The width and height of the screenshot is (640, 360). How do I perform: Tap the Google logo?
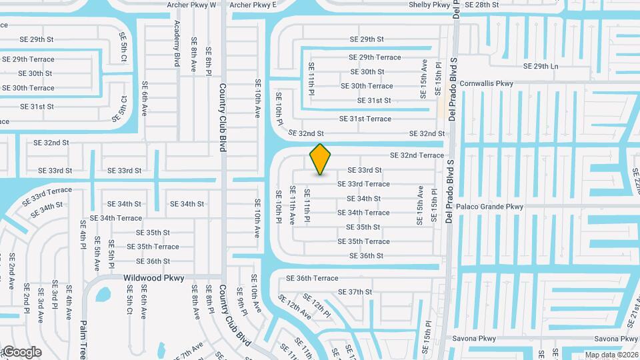coord(21,351)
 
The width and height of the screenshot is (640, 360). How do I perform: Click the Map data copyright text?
coord(611,355)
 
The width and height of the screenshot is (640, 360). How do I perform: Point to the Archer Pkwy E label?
coord(253,5)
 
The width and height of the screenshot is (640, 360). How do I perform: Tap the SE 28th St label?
coord(481,5)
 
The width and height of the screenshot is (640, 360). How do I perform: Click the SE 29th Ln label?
coord(541,67)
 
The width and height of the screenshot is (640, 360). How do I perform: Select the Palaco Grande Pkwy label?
coord(490,207)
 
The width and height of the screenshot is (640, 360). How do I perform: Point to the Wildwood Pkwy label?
coord(153,278)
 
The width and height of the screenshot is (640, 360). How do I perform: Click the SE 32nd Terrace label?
coord(417,155)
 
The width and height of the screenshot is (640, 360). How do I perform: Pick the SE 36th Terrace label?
coord(312,278)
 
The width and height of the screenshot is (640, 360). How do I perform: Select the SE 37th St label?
coord(355,292)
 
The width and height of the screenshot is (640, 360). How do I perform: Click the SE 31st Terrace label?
coord(365,119)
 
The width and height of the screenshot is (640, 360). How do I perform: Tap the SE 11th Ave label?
coord(292,205)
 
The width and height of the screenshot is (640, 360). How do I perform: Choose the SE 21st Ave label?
coord(631,309)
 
